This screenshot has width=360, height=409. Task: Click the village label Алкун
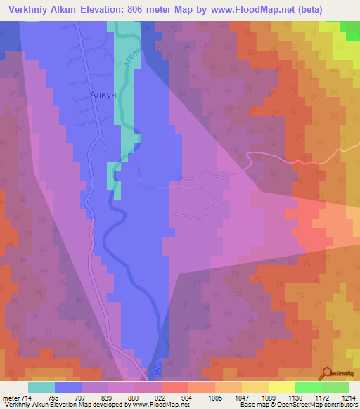[x=103, y=94]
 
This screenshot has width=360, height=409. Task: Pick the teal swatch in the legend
[x=41, y=387]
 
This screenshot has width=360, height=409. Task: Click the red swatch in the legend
[x=175, y=387]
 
